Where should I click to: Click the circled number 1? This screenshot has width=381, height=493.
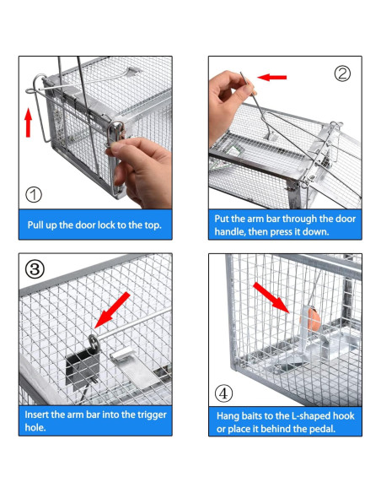tap(33, 195)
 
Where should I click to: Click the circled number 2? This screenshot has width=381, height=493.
tap(342, 73)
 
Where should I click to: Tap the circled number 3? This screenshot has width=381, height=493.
tap(35, 269)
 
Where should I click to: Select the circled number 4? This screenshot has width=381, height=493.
tap(223, 393)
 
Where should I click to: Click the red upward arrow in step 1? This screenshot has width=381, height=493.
tap(29, 122)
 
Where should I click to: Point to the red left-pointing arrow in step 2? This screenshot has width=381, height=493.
tap(271, 77)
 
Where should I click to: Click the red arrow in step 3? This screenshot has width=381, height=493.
tap(112, 310)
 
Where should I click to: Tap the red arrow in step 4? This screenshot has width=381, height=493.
tap(271, 297)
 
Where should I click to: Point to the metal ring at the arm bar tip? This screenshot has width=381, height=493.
tap(94, 341)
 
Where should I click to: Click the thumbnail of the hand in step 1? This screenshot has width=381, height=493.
tap(140, 172)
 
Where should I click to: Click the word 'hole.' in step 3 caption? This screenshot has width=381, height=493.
tap(35, 428)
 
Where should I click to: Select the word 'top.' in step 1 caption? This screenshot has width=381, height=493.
tap(153, 225)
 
